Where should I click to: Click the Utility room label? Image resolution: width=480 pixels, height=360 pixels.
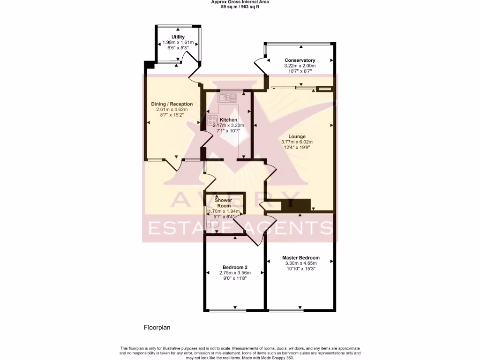coord(178,37)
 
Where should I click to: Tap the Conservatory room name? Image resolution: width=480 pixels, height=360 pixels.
coord(300,60)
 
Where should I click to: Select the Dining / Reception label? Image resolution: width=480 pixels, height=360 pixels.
coord(172,104)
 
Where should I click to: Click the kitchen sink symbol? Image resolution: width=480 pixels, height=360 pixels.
coord(227,97)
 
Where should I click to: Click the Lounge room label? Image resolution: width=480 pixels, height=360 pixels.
coord(297,136)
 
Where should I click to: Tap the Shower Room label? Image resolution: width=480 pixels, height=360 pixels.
coord(224,203)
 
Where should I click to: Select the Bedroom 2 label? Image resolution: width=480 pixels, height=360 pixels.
coord(235,267)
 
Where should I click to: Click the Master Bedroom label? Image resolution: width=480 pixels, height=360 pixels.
coord(300,258)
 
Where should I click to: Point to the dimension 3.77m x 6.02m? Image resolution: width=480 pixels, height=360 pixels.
coord(297,142)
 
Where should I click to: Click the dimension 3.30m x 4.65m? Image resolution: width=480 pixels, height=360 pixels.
coord(300,263)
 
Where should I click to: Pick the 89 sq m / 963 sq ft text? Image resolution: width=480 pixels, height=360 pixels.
coord(240,7)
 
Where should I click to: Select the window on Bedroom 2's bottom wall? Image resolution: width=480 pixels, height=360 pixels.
coord(227,310)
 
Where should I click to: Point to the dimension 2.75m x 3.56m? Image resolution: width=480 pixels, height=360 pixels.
coord(235,273)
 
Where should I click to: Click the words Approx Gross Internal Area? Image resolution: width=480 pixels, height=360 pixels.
coord(240,2)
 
